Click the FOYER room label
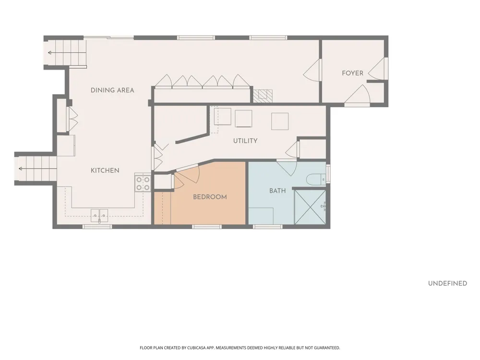pyautogui.click(x=352, y=73)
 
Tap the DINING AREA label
pyautogui.click(x=112, y=90)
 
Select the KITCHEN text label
pyautogui.click(x=105, y=170)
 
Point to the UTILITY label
pyautogui.click(x=245, y=141)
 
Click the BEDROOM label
pyautogui.click(x=210, y=197)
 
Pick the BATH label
pyautogui.click(x=277, y=191)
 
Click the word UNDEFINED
pyautogui.click(x=447, y=284)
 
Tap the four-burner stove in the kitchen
pyautogui.click(x=143, y=183)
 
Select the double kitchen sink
pyautogui.click(x=99, y=216)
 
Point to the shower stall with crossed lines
pyautogui.click(x=310, y=207)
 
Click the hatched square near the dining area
pyautogui.click(x=263, y=96)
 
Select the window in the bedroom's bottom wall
pyautogui.click(x=206, y=227)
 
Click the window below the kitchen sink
pyautogui.click(x=97, y=227)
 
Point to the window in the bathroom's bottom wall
pyautogui.click(x=268, y=227)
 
